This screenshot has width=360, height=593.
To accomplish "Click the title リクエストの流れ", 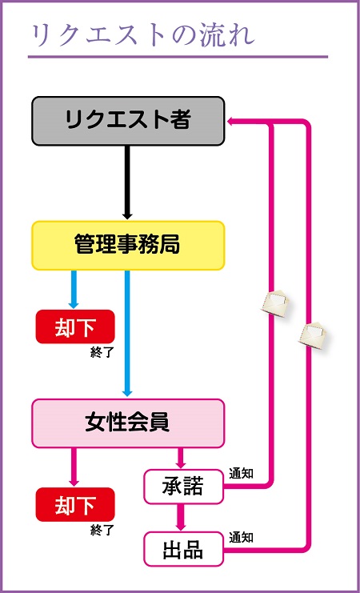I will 142,35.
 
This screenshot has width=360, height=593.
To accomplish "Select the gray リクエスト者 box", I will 128,121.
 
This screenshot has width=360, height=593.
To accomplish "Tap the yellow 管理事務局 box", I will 128,245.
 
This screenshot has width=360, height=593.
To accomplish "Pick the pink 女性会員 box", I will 128,423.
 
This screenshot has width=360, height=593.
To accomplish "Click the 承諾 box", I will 183,487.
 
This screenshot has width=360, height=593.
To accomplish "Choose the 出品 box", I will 183,550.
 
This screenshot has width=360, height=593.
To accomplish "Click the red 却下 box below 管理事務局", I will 74,327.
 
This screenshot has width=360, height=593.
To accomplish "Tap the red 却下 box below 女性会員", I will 74,505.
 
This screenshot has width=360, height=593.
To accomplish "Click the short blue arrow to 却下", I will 74,290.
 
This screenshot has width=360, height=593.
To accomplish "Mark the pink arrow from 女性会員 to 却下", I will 74,467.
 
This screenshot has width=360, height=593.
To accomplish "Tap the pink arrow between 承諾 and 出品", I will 181,517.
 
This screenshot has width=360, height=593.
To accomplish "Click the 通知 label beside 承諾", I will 241,474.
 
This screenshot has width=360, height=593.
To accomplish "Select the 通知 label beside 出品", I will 241,537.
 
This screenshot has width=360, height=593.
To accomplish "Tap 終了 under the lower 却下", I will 102,529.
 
